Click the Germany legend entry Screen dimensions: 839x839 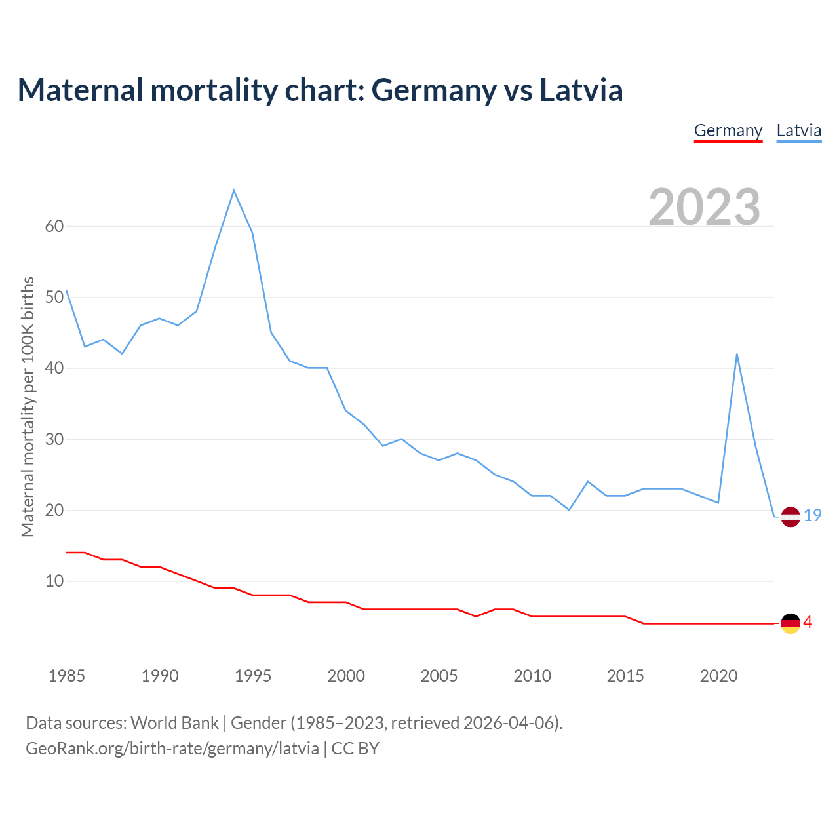[x=728, y=130]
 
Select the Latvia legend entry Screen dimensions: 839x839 [x=798, y=130]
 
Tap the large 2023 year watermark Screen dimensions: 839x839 [x=704, y=206]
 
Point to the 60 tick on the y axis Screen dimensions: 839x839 [x=54, y=227]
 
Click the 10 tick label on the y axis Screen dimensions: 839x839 [x=54, y=581]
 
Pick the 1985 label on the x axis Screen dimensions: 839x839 [x=66, y=676]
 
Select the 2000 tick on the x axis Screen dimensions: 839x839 [x=346, y=676]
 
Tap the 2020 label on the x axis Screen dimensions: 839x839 [x=718, y=676]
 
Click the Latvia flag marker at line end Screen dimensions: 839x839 [x=790, y=517]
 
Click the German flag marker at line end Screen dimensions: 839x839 [x=790, y=623]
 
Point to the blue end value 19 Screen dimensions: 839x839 [x=813, y=516]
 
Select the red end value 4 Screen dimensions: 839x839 [x=808, y=623]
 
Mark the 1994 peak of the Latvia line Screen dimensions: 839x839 [x=234, y=191]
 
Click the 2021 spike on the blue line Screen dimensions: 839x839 [x=737, y=355]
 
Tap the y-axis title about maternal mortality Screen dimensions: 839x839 [x=28, y=406]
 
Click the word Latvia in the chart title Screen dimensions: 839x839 [x=581, y=90]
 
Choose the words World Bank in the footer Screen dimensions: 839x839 [x=174, y=723]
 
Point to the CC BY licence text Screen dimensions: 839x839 [x=355, y=749]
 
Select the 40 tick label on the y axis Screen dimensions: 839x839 [x=54, y=368]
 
